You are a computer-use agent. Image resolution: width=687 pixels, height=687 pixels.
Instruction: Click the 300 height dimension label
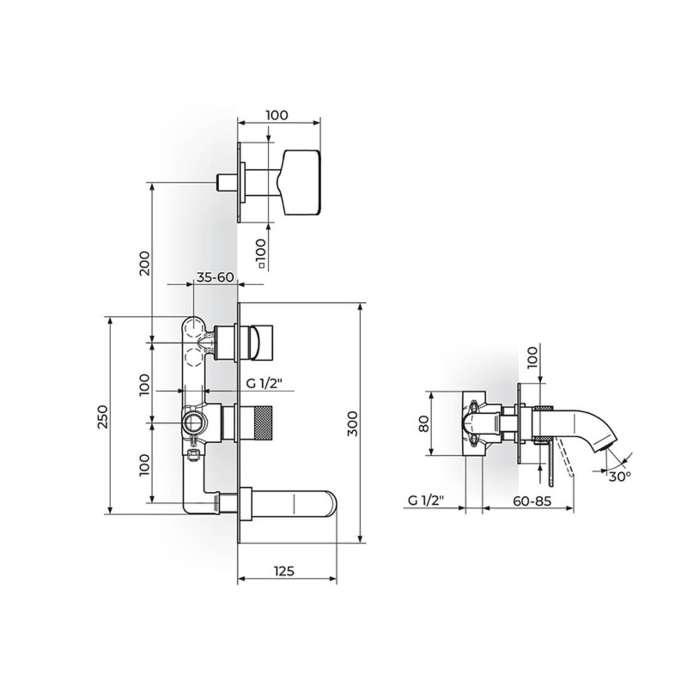tap(353, 423)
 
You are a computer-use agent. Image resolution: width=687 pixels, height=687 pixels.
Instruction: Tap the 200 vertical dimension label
tap(145, 263)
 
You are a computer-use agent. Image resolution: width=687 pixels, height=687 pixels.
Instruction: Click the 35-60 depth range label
tap(215, 277)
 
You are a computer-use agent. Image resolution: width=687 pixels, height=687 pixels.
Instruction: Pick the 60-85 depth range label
tap(532, 500)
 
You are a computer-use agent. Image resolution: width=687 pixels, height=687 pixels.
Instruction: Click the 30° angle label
tap(619, 477)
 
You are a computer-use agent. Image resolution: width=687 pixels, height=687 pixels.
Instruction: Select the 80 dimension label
tap(424, 424)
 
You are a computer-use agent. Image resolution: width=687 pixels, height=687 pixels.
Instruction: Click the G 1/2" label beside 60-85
tap(426, 501)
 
